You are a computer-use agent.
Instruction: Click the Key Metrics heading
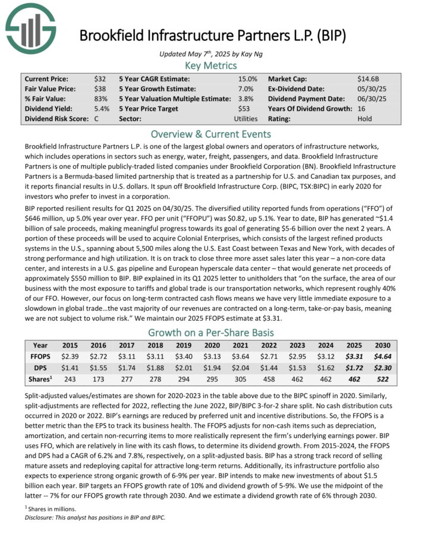(x=211, y=65)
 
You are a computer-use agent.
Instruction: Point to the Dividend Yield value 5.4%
(x=101, y=109)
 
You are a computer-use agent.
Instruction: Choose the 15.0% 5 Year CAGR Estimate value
(x=247, y=78)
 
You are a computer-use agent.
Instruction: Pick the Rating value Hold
(x=366, y=119)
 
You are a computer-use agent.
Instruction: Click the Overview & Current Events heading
(x=211, y=133)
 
